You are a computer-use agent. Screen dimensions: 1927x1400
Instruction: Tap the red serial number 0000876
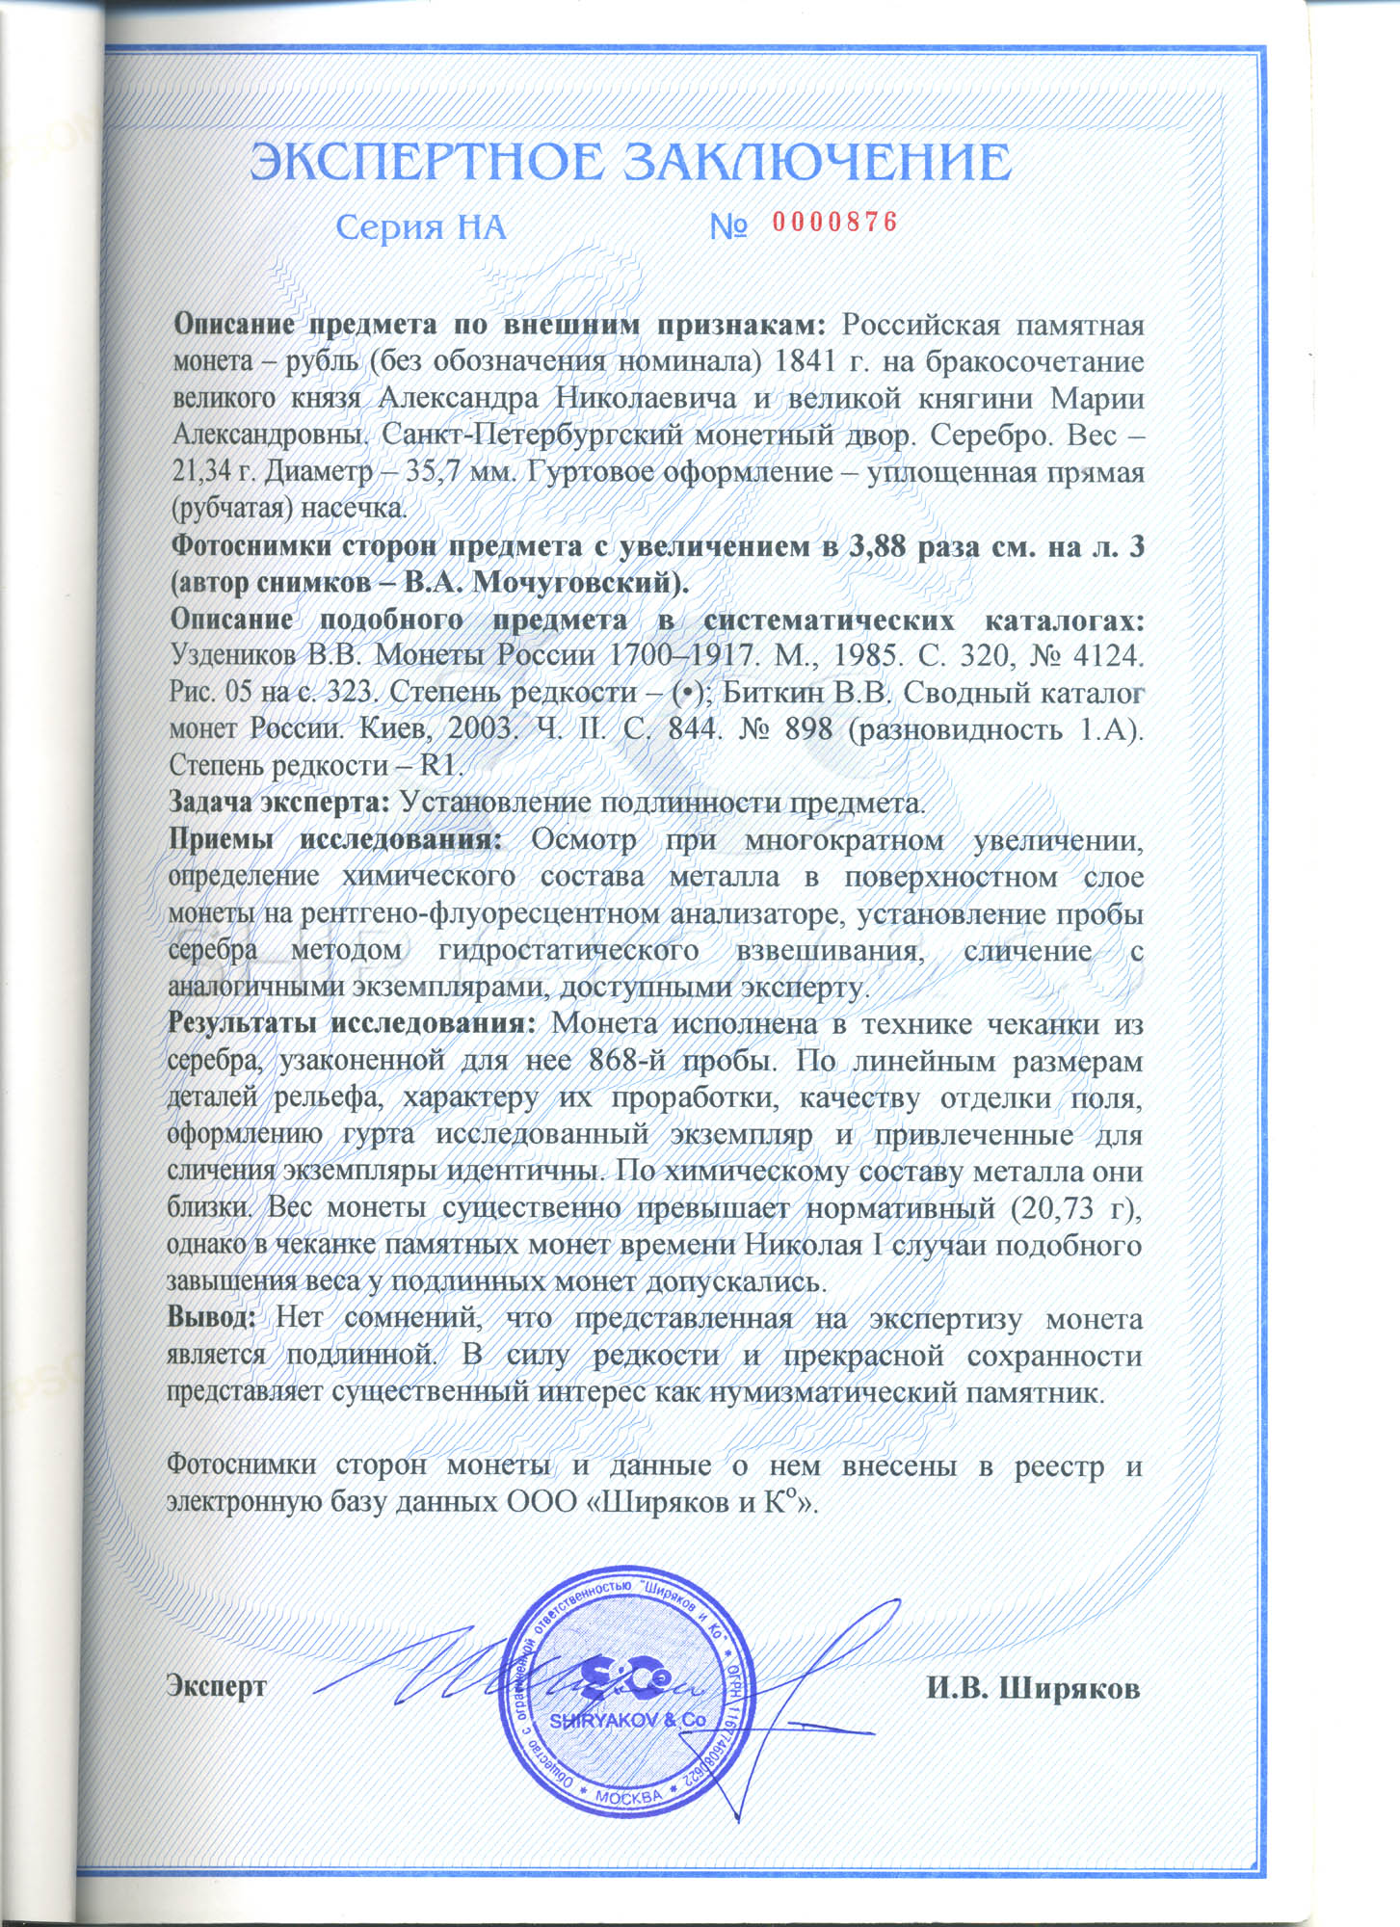point(834,223)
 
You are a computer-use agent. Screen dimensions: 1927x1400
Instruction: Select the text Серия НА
point(421,227)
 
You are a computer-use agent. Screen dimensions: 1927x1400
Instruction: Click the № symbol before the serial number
point(729,227)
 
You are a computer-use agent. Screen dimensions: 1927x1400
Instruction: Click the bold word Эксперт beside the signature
point(217,1686)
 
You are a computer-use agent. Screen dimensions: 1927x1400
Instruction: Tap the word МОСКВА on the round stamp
point(628,1797)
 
